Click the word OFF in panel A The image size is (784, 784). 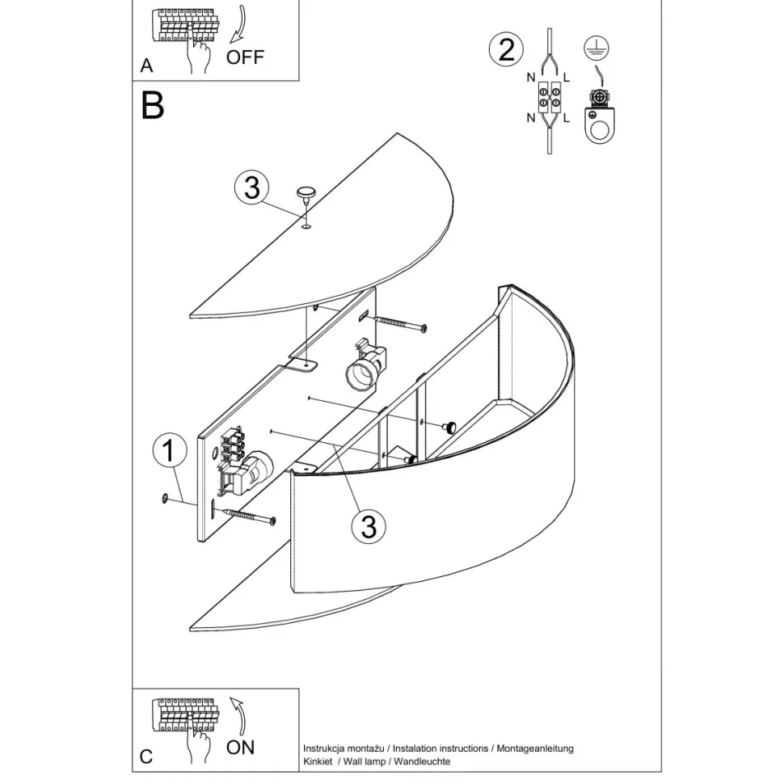pos(244,57)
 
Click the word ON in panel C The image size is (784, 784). pos(240,746)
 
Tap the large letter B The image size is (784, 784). pos(152,106)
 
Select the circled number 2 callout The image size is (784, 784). pos(507,51)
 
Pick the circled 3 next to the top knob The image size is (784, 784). pos(251,188)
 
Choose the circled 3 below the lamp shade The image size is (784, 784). pos(369,527)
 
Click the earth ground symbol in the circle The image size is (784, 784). pos(596,48)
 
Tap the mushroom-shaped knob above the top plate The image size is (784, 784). pos(306,193)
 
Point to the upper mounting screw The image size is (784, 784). pos(399,324)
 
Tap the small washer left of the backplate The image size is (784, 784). pos(166,499)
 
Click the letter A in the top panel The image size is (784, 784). pos(146,66)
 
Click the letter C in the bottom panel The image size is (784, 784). pos(145,757)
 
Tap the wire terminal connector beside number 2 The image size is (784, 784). pos(549,99)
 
